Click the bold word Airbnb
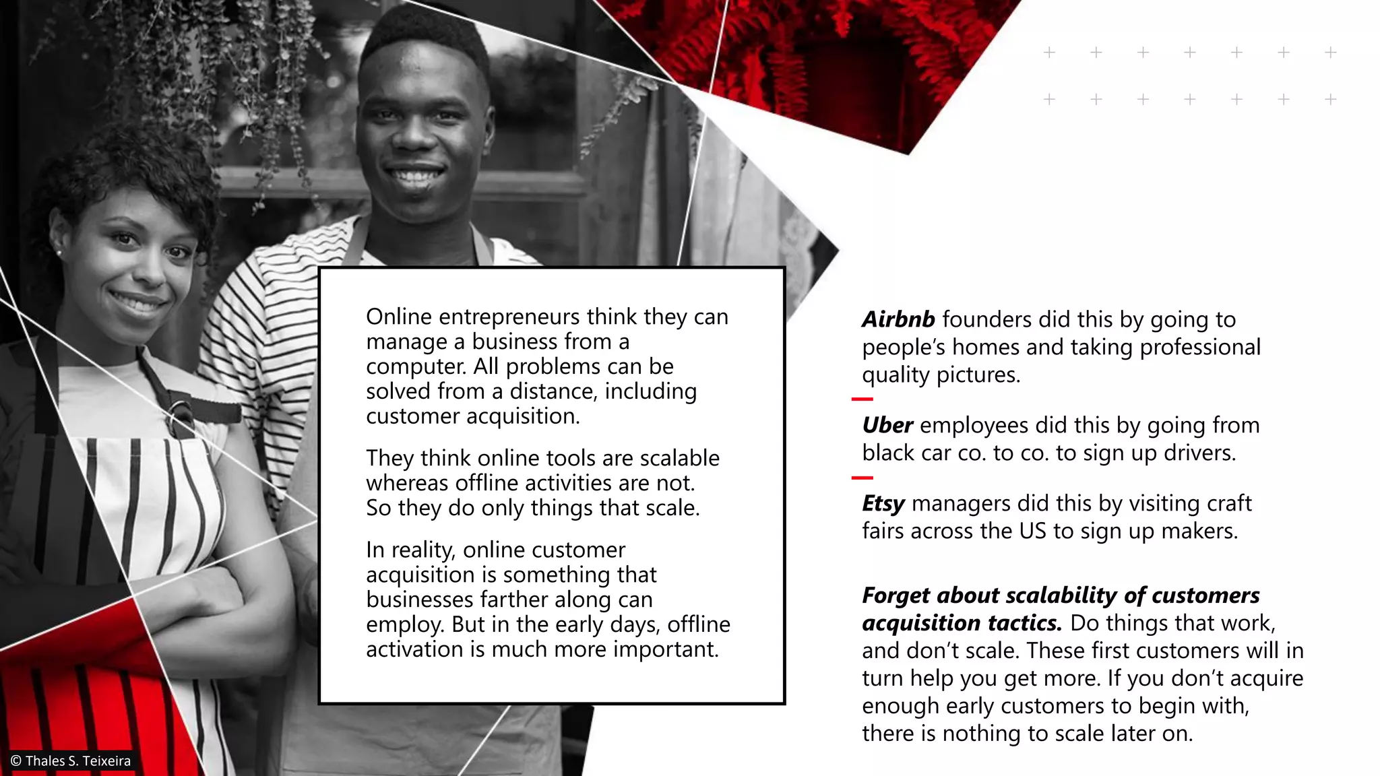[x=898, y=319]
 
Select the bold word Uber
[x=887, y=426]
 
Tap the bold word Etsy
[x=883, y=504]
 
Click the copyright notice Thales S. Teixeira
[x=71, y=761]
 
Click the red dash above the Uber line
[x=862, y=399]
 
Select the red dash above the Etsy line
[x=862, y=478]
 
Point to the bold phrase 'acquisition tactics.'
[x=962, y=623]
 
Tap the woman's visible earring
[x=59, y=253]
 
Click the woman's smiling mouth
[x=139, y=301]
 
